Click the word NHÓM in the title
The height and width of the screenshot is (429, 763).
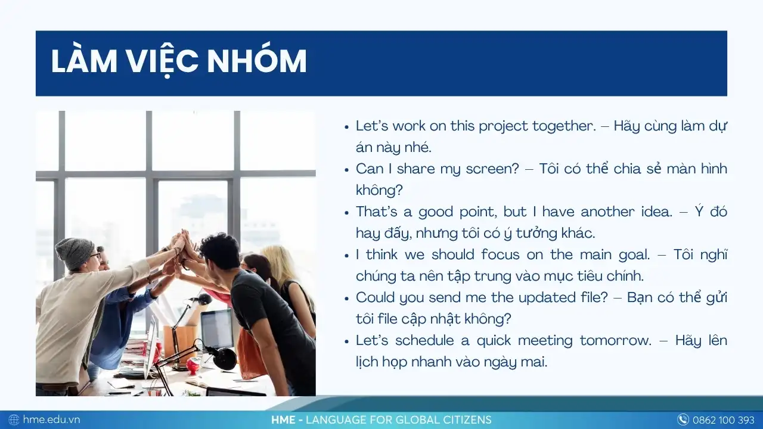257,61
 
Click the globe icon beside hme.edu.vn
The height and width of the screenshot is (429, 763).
14,420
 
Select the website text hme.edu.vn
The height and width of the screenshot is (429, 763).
51,419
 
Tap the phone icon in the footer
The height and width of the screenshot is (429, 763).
683,419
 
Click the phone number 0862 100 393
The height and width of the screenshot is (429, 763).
724,420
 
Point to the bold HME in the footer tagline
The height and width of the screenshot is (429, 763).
283,420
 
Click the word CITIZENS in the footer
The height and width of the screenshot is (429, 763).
467,420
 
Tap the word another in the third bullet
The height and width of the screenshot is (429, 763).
607,212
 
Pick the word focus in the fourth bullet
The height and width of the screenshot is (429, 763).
500,254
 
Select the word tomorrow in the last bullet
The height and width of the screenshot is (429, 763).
616,341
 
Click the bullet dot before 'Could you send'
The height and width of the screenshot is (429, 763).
347,299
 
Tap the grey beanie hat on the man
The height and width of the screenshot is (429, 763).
75,253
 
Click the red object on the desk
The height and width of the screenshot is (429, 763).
193,364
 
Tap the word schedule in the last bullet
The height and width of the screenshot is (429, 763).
424,341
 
